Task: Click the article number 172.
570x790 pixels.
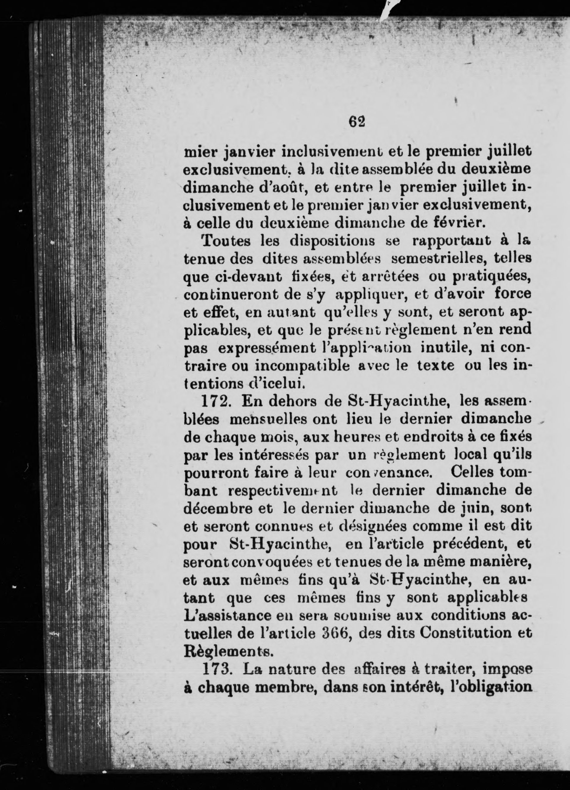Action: click(215, 402)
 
